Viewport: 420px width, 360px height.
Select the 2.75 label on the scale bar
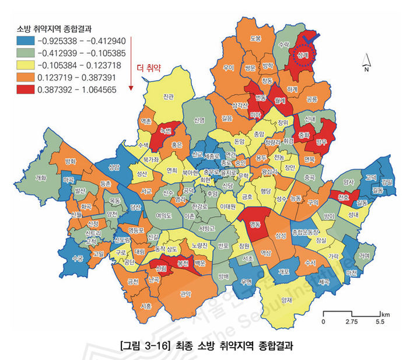(x=351, y=321)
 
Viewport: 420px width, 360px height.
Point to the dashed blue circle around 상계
(x=302, y=54)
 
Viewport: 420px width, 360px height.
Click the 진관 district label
(x=169, y=96)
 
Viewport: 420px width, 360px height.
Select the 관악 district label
(x=187, y=294)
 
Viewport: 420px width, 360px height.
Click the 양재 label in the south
(x=286, y=300)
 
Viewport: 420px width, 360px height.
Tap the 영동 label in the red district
(x=255, y=224)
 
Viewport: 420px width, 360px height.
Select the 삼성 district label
(x=281, y=235)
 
